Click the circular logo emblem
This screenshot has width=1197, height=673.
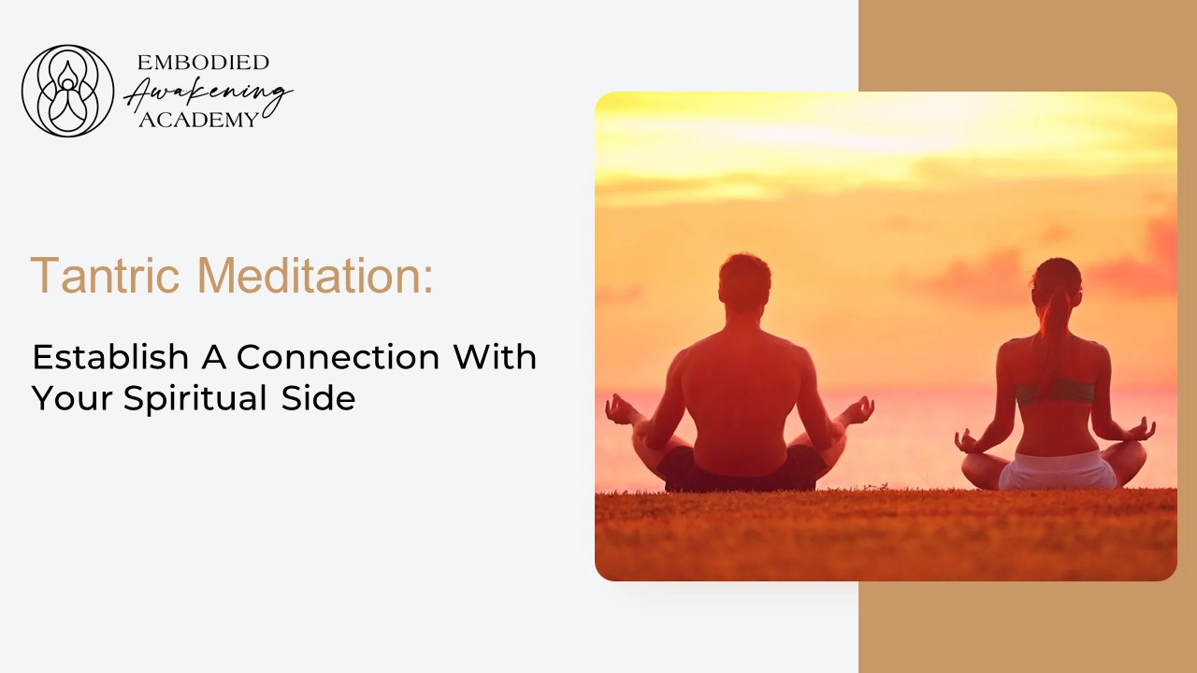click(67, 91)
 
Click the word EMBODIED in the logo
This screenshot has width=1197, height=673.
click(203, 63)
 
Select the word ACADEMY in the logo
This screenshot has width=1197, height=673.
click(197, 120)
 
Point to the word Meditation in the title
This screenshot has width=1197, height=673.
click(315, 275)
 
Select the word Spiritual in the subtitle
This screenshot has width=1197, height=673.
click(196, 398)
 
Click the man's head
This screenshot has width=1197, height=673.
click(745, 284)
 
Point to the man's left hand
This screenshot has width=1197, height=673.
click(620, 409)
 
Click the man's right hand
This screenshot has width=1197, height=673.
click(857, 409)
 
